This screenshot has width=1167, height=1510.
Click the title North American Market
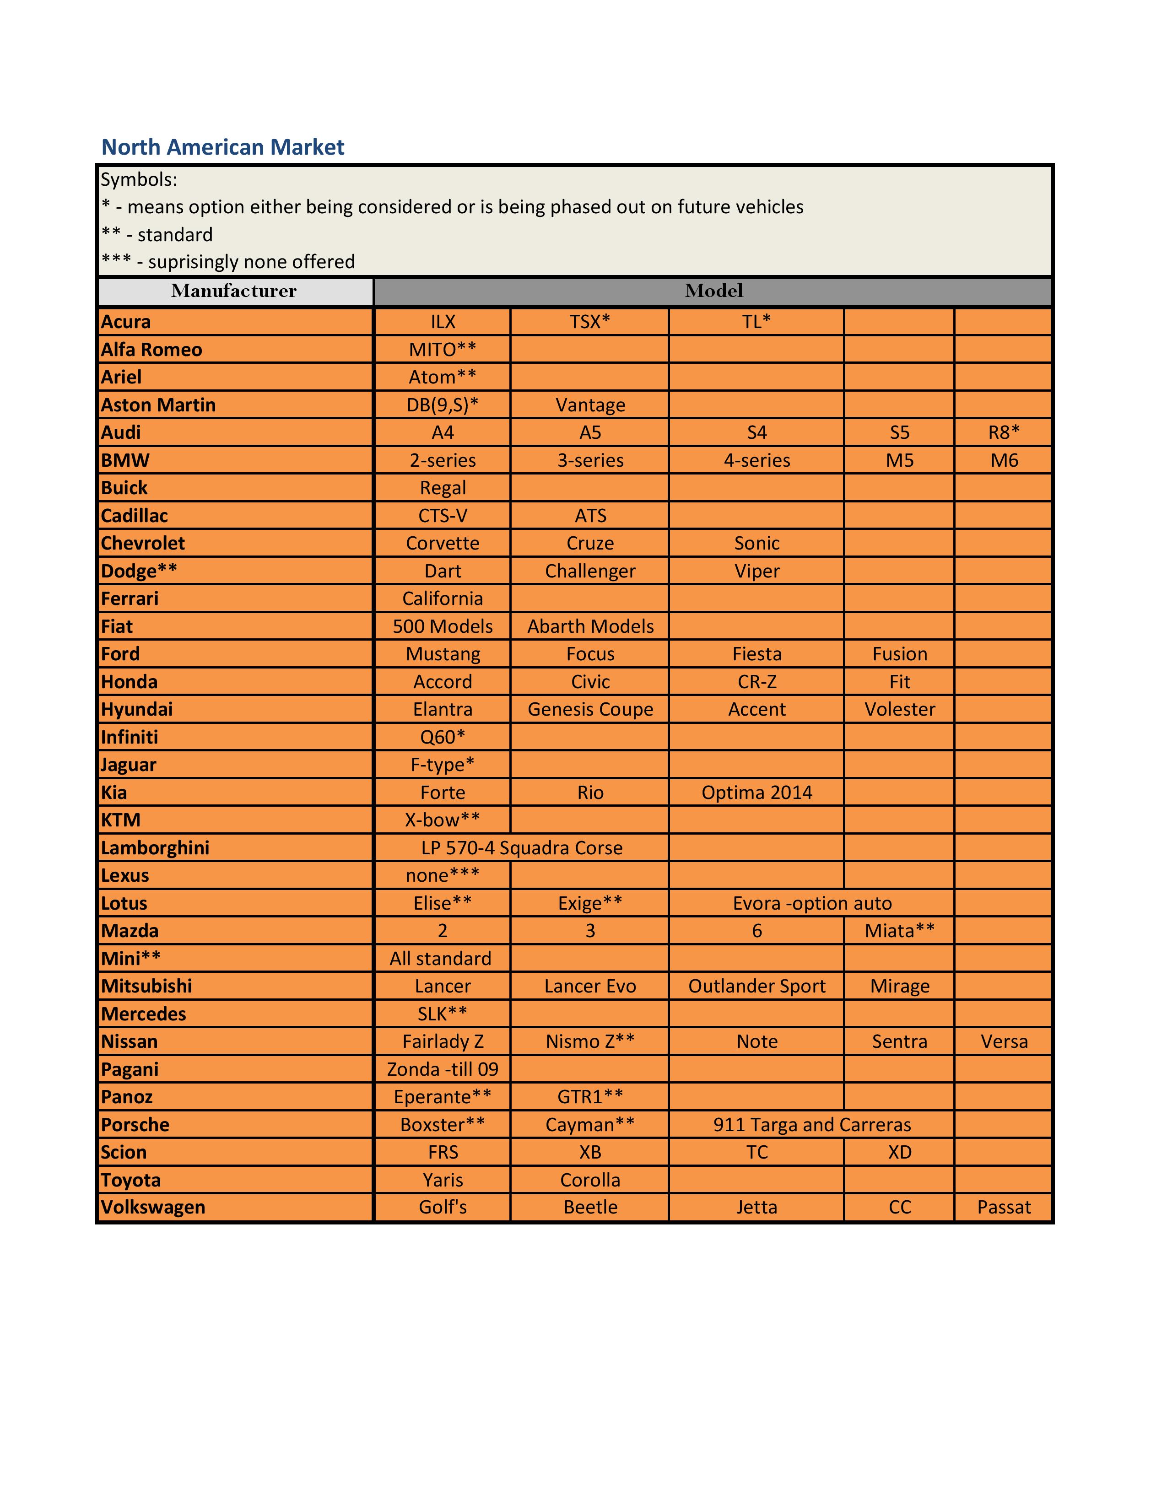point(222,147)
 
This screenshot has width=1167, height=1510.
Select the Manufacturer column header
point(234,291)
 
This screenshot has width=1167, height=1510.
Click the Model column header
point(713,291)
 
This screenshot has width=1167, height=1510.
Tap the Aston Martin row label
point(158,405)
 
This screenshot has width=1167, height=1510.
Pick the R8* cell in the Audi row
point(1004,433)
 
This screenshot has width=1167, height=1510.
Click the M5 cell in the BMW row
point(899,460)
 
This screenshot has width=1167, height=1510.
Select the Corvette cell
point(443,544)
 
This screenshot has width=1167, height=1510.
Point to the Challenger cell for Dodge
point(590,571)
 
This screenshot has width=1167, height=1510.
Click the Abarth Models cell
point(590,626)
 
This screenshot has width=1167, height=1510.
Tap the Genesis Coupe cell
point(590,709)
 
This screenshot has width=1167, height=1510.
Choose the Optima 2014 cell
point(756,793)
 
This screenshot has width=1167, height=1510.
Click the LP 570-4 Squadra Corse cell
point(521,847)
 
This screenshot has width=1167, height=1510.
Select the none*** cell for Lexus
point(443,875)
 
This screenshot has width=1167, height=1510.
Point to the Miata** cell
point(899,931)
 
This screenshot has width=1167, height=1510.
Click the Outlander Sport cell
point(756,986)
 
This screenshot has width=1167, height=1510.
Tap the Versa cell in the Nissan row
point(1004,1041)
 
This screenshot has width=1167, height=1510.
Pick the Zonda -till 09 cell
point(443,1069)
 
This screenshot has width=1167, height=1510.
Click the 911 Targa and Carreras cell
point(812,1124)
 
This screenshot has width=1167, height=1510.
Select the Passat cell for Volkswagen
point(1004,1207)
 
